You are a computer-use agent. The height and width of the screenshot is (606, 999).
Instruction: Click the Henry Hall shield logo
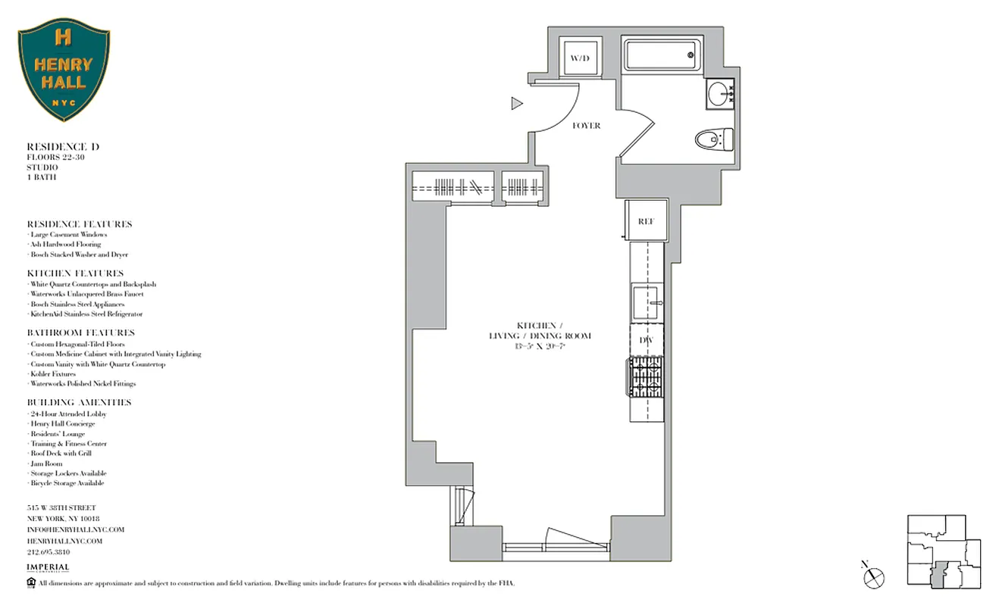point(64,70)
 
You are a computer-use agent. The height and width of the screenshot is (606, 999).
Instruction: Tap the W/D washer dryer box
point(580,57)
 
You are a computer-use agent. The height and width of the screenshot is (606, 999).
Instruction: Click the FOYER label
point(586,126)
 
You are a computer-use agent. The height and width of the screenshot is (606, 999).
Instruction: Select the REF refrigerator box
point(646,221)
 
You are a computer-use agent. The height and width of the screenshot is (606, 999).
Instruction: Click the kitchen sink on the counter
point(647,303)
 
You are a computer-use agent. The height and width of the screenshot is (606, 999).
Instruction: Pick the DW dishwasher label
point(646,341)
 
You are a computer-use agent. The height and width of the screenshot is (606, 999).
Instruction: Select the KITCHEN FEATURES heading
point(75,273)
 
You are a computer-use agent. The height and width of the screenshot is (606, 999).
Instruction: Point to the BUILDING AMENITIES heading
point(79,402)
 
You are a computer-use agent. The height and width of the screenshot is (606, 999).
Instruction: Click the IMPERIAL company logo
point(48,568)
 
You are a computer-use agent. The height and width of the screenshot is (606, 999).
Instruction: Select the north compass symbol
point(873,576)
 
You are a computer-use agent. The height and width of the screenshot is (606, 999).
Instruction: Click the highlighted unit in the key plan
point(940,576)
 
